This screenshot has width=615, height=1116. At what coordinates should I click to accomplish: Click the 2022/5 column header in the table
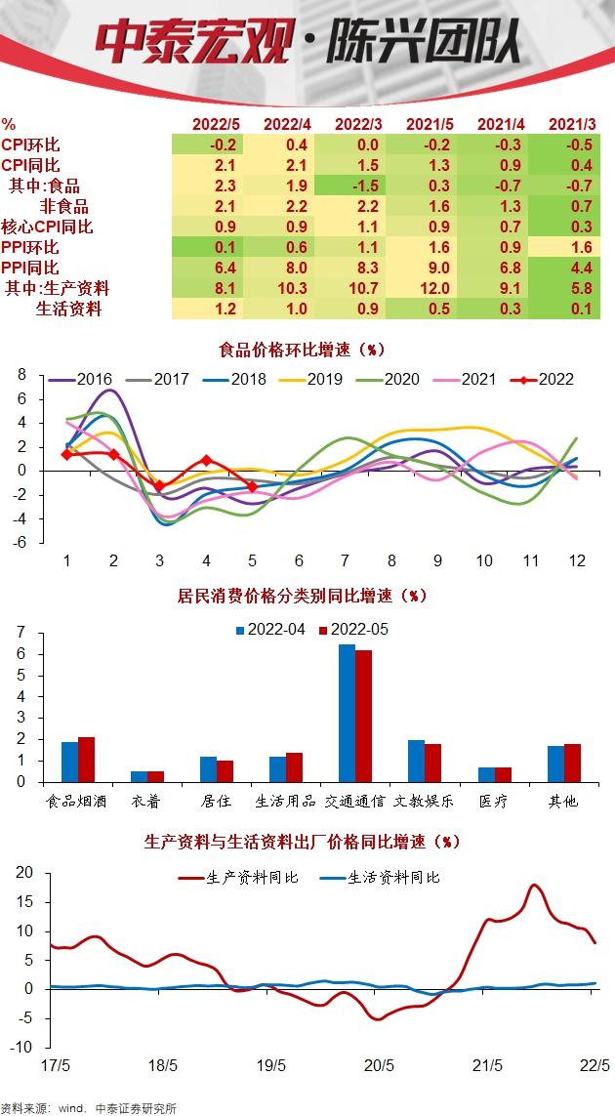point(217,124)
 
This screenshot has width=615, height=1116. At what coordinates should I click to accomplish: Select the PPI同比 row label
point(30,268)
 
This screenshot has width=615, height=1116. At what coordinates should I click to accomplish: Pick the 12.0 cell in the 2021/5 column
point(428,288)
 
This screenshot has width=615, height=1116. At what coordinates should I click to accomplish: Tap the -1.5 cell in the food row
point(357,186)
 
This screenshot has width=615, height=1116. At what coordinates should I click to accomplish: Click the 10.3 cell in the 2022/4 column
point(287,288)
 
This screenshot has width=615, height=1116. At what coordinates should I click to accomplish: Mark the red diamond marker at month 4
point(206,459)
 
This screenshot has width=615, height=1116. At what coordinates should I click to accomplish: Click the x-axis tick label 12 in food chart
point(576,561)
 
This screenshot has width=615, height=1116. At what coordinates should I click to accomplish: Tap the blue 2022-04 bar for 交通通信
point(347,713)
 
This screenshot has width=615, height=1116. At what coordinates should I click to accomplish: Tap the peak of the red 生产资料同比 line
point(534,886)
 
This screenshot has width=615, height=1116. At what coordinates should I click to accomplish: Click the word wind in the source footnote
point(71,1108)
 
